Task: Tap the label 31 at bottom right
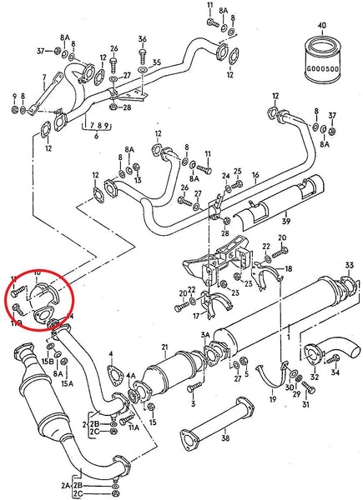[x=305, y=406]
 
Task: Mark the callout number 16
[x=255, y=176]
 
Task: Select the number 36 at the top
[x=143, y=39]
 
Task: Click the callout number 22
[x=267, y=247]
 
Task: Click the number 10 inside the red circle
[x=37, y=273]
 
